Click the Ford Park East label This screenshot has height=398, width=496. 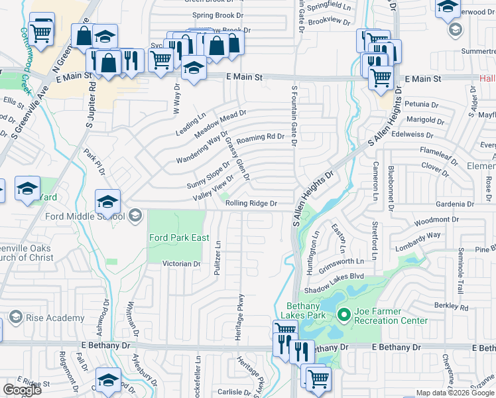coord(179,237)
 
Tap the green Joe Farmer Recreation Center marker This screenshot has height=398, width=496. coord(343,314)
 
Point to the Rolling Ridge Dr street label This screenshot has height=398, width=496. coord(251,204)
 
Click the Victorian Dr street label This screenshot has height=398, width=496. coord(182,264)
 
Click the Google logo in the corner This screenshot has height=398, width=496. coord(22,390)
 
